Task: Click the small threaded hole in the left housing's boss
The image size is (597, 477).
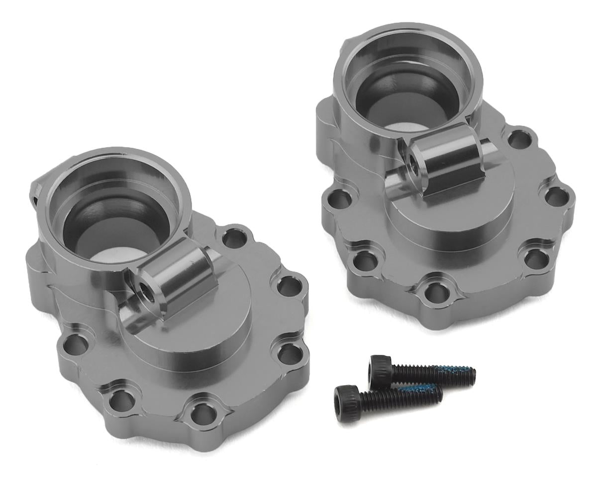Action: pyautogui.click(x=144, y=288)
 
